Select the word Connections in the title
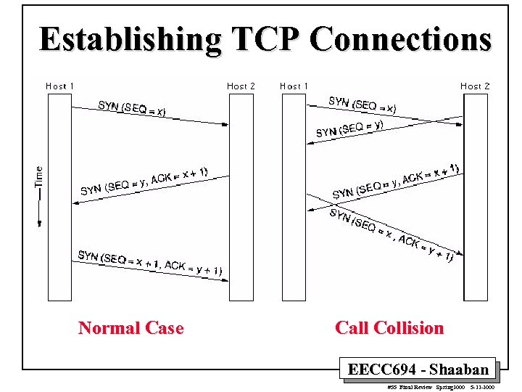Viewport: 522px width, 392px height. pos(400,39)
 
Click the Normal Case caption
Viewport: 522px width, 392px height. pos(130,328)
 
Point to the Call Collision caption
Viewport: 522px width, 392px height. pos(389,328)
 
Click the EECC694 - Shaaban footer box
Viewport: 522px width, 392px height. pos(418,369)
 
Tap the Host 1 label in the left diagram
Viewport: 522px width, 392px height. pos(60,86)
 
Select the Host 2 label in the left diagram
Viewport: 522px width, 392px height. pos(241,86)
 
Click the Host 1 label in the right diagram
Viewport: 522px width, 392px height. pos(294,86)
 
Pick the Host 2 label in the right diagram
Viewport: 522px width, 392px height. pos(475,86)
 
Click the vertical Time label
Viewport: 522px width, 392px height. pos(39,176)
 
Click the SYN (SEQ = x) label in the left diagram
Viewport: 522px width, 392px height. pos(132,108)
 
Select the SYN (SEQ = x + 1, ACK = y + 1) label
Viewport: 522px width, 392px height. pos(150,262)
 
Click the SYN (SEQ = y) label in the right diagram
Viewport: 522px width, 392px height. pos(349,128)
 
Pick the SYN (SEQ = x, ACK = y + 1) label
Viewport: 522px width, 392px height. pos(391,234)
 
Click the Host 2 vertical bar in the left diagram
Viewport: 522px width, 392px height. pos(241,196)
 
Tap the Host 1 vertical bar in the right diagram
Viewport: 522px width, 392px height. pos(294,196)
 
